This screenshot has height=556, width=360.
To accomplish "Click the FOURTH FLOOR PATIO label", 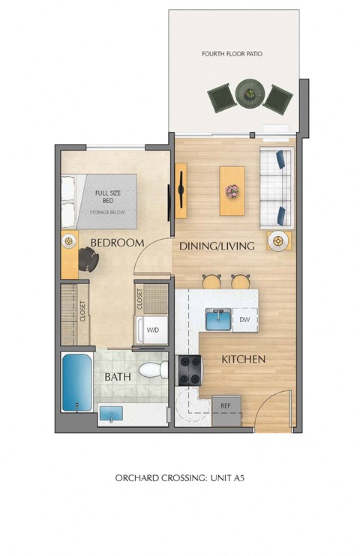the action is pos(232,54).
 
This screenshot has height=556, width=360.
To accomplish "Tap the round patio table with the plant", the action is pos(250,94).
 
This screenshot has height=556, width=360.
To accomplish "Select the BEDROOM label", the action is pos(117,243).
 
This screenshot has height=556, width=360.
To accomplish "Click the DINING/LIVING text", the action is pos(217,246).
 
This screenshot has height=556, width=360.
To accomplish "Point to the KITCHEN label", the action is pos(243,360).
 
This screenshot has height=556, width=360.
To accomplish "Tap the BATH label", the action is pos(118,377).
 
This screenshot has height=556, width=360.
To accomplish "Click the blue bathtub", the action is pos(77,382).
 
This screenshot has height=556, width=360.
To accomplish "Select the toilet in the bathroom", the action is pos(153,370).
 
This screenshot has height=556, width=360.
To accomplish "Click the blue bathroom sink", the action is pos(111,414).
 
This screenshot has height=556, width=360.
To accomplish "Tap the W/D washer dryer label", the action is pos(153,330).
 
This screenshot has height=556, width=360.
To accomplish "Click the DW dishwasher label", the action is pos(244,319).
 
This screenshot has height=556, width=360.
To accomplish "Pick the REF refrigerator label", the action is pos(226,405).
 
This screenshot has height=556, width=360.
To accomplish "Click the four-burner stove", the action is pos(190,371).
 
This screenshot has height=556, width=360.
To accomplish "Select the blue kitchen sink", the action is pos(218,319).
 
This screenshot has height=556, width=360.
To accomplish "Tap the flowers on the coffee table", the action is pos(232,191).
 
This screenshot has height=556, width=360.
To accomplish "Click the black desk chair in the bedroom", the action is pos(88,259).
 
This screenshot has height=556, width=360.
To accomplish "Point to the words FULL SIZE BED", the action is pos(108,197).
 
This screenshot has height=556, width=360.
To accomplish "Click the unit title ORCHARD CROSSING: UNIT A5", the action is pos(180,478).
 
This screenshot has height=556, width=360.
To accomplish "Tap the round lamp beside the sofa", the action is pos(278,241).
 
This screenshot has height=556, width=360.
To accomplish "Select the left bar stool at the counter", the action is pos(211,281).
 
